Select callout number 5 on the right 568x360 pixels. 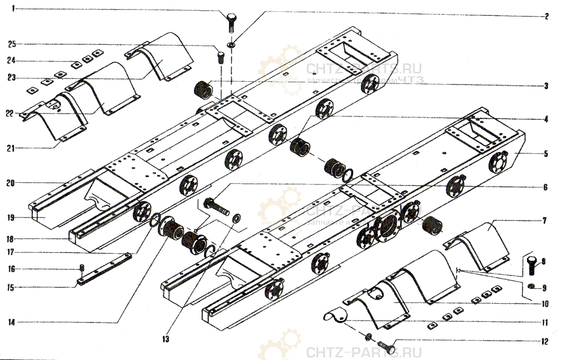[546, 153]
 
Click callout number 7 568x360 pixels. [546, 220]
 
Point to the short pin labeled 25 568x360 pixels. [220, 57]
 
